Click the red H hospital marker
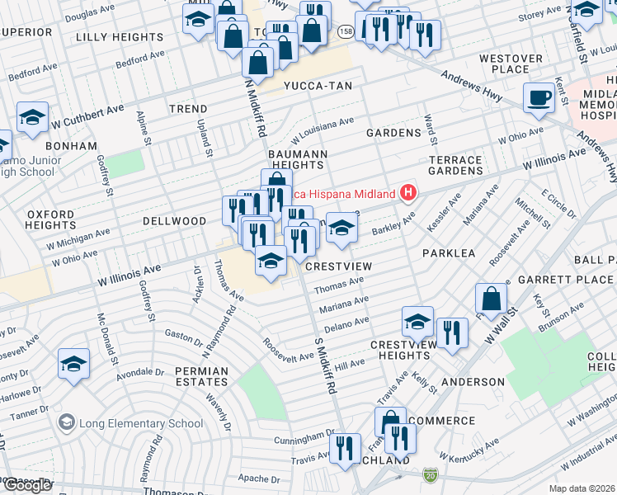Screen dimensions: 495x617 407,194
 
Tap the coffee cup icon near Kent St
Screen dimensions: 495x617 540,97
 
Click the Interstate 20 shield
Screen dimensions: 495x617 430,475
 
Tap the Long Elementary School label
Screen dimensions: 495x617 140,423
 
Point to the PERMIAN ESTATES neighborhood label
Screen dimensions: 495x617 201,377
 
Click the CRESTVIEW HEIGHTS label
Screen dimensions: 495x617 398,349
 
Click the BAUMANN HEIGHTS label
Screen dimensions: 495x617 298,159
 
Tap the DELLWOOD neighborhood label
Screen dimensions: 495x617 174,221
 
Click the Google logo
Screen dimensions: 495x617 27,484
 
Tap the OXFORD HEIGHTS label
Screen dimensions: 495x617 50,219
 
